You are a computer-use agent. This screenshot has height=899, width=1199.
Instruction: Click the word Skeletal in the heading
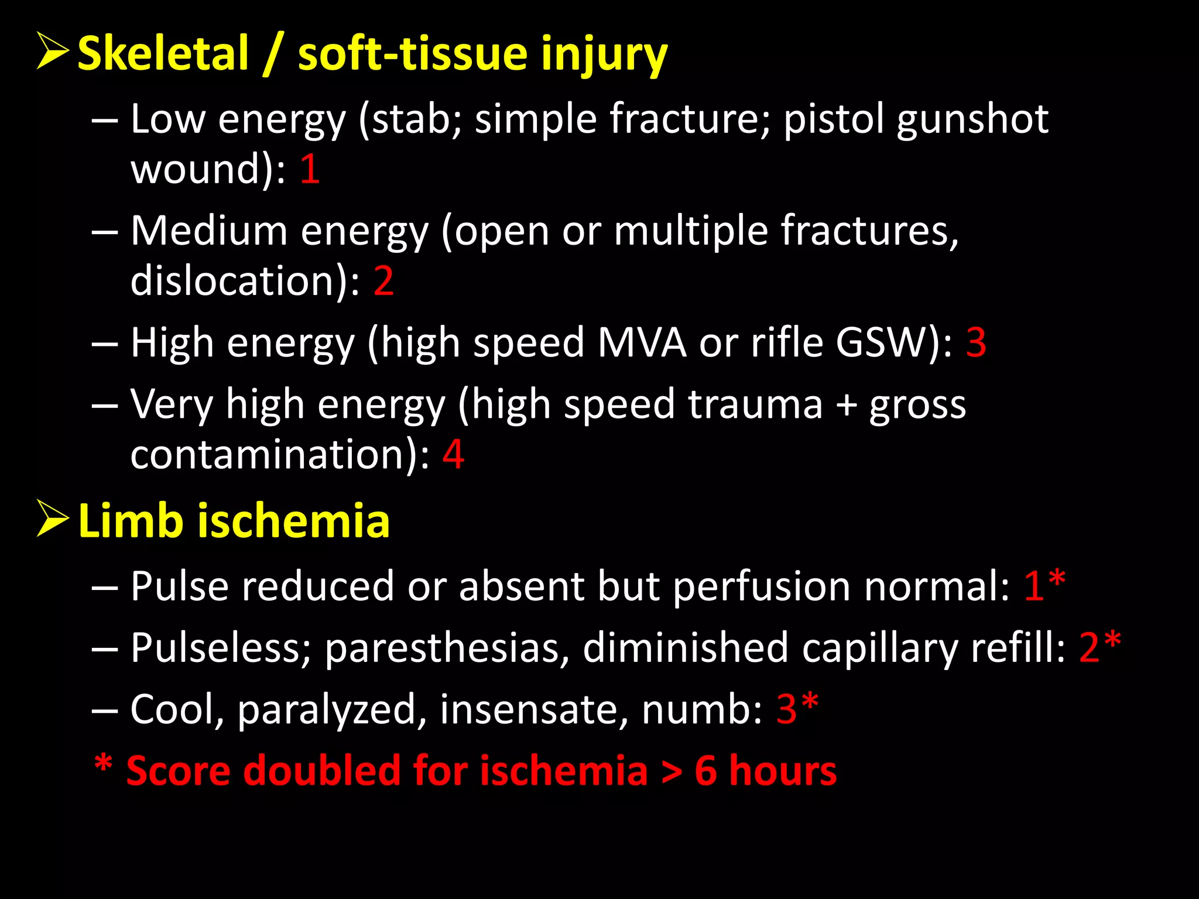(x=163, y=54)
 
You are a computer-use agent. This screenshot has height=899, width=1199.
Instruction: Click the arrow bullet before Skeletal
(x=53, y=51)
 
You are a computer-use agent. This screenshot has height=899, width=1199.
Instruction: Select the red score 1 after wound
(x=310, y=170)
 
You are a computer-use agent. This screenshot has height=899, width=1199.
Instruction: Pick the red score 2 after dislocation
(x=383, y=281)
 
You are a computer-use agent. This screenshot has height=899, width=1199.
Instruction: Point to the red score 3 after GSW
(x=976, y=342)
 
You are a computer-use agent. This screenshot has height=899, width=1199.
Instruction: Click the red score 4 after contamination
(x=453, y=454)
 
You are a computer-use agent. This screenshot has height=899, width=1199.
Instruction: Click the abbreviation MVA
(x=642, y=342)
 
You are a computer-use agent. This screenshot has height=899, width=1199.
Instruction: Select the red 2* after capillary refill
(x=1099, y=647)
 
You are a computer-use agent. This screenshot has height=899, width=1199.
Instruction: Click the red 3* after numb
(x=797, y=709)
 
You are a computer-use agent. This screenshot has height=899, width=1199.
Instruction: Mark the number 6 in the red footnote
(x=705, y=771)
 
